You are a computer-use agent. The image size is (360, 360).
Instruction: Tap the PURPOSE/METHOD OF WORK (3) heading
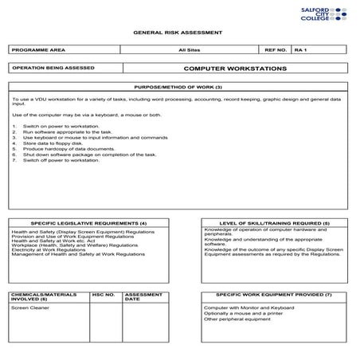coord(180,86)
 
